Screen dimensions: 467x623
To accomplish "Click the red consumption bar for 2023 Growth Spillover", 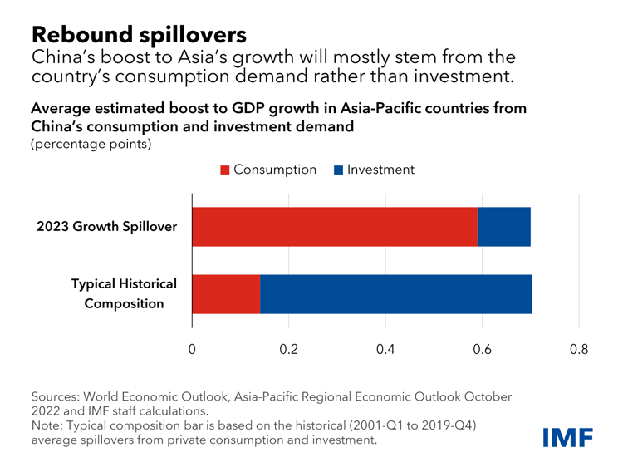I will pos(335,227).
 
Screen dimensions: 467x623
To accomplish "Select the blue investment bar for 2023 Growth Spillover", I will pos(504,227).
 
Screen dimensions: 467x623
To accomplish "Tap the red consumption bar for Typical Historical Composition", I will pos(226,294).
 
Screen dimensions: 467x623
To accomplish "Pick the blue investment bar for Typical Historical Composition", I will pos(396,294).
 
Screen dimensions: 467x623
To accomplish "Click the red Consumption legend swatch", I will pos(224,170).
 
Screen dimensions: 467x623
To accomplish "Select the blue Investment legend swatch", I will pos(338,170).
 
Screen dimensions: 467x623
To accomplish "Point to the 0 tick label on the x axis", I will pos(192,350).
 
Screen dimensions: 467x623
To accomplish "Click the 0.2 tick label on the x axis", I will pos(288,350).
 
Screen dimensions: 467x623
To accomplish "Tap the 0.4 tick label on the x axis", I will pos(385,350).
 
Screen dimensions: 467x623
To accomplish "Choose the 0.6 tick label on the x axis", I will pos(482,350).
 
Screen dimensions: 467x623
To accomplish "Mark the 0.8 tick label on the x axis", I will pos(579,350).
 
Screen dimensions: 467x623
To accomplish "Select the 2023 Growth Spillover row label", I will pos(106,227).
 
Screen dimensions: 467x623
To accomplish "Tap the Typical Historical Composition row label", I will pos(124,294).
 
